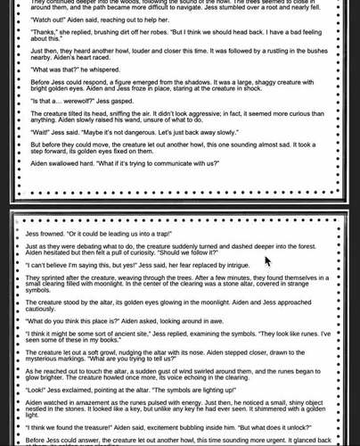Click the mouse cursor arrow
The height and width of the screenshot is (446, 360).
point(267,261)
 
